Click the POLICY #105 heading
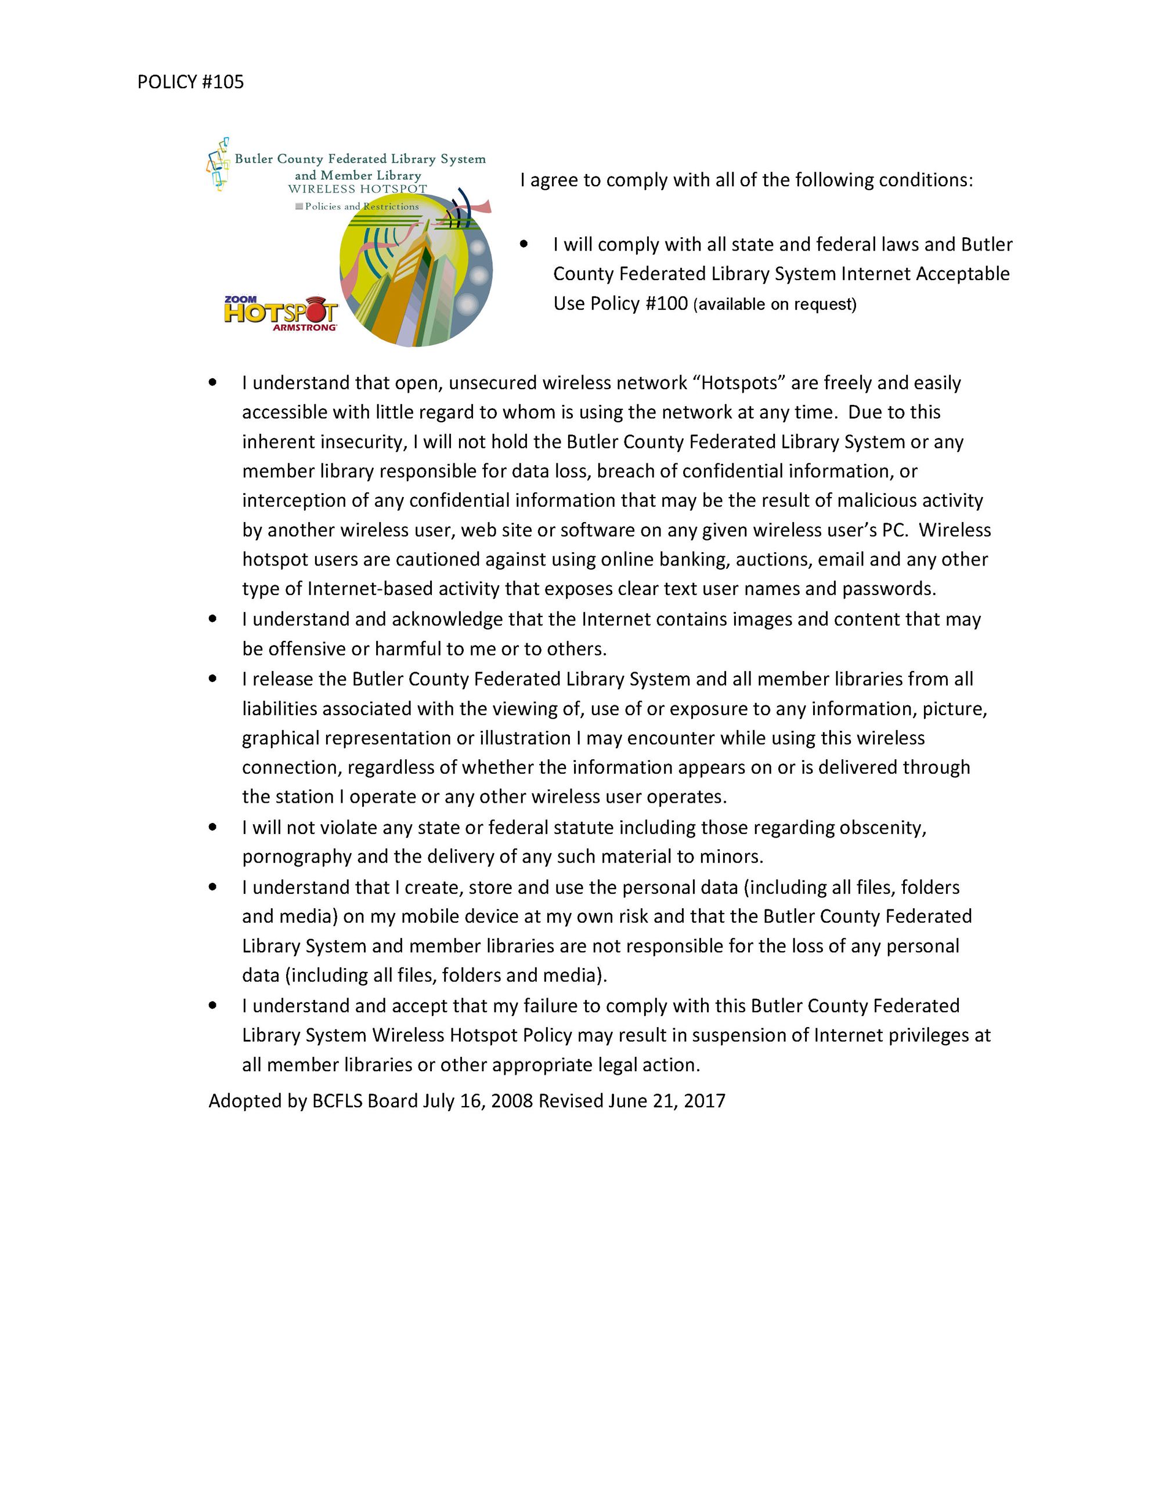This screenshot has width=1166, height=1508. [x=190, y=82]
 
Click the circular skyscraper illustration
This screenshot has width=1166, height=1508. [x=415, y=276]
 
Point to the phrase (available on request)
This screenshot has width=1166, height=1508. [x=774, y=304]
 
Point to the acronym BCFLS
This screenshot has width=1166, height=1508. [x=337, y=1101]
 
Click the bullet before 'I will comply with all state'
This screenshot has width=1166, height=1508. [x=524, y=244]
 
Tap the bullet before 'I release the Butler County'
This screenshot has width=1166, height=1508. [x=213, y=679]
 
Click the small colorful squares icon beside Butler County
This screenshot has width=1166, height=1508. [x=218, y=164]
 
